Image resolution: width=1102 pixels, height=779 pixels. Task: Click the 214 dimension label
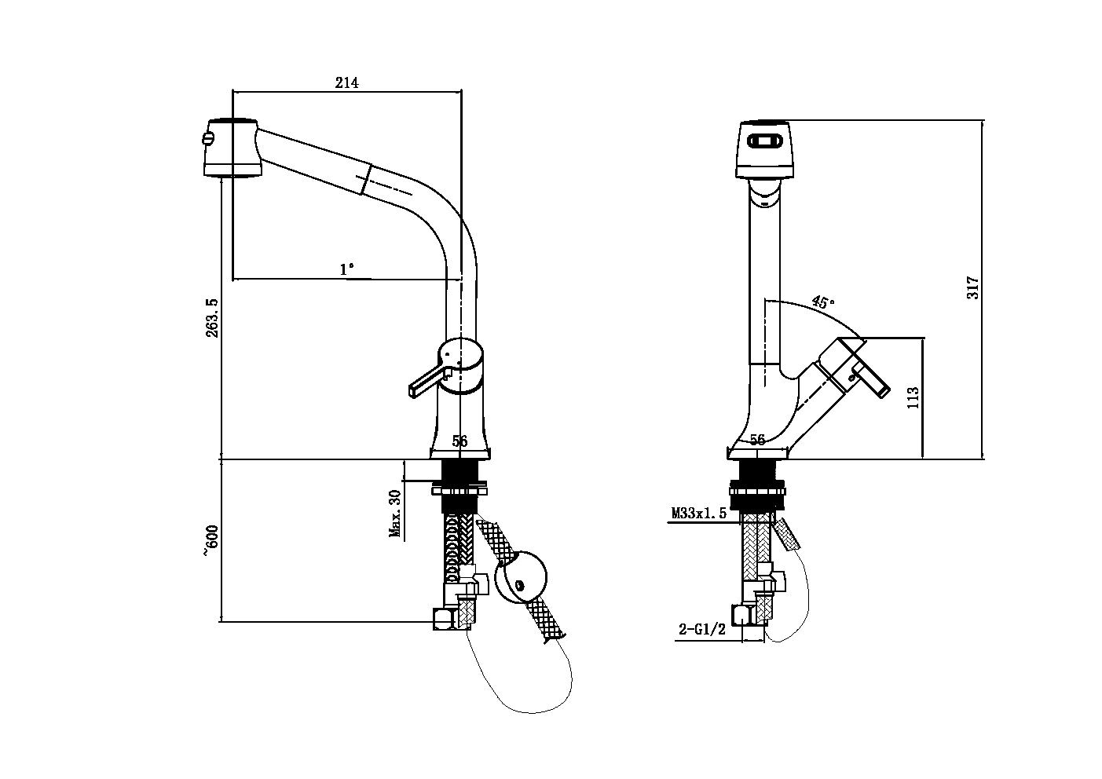pos(346,82)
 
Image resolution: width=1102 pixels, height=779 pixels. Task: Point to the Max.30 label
pos(394,514)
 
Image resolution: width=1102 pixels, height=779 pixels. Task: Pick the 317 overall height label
pos(973,287)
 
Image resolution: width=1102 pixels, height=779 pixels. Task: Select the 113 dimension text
pos(912,397)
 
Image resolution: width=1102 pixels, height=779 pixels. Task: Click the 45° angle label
pos(822,302)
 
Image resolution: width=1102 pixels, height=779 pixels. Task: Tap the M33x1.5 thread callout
pos(698,514)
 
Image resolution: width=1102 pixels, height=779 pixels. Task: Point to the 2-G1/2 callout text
pos(702,629)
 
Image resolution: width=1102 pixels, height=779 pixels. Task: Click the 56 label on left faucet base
pos(459,441)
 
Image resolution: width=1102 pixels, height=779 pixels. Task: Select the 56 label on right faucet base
pos(757,440)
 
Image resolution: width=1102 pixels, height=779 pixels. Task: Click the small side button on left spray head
pos(207,140)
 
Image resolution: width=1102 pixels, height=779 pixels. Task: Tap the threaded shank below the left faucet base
pos(460,473)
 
